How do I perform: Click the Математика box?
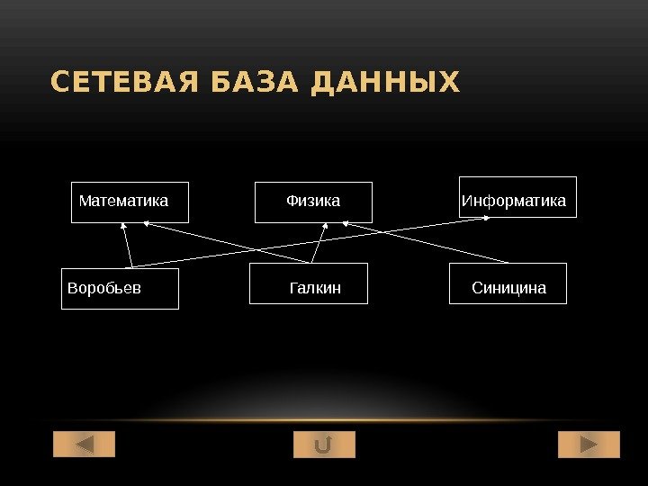pos(130,201)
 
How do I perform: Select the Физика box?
pos(313,201)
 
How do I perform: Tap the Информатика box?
pos(517,197)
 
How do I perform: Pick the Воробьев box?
pos(120,288)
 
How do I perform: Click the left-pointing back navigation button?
pos(85,445)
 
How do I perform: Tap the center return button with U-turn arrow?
pos(324,445)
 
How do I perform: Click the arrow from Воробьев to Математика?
pos(128,247)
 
